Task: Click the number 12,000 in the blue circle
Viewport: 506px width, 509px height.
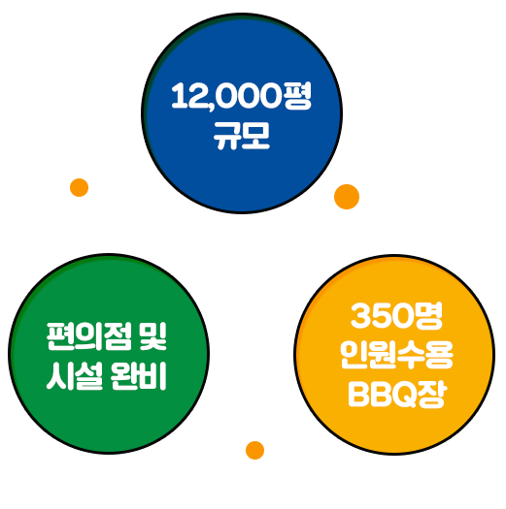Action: [x=226, y=96]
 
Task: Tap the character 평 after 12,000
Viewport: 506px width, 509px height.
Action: [x=297, y=95]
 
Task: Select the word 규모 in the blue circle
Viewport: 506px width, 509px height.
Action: [x=241, y=136]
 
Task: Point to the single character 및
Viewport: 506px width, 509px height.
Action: [x=152, y=336]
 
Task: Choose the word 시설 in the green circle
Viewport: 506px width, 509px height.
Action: [x=75, y=376]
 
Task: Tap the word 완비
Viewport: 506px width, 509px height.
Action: [x=138, y=376]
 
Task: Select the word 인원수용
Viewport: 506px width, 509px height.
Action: [x=396, y=355]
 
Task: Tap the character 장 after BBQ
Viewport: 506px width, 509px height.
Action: [x=431, y=395]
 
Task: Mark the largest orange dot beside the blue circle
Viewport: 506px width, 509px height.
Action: [x=347, y=197]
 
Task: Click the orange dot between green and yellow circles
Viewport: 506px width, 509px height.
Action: [x=255, y=450]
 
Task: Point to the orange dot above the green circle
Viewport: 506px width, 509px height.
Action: [x=79, y=188]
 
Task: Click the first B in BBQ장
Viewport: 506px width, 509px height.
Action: [x=358, y=395]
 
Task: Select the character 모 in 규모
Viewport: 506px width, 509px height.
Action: [x=256, y=136]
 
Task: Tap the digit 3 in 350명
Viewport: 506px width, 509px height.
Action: [x=360, y=316]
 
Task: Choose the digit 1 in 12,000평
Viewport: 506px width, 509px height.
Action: [x=178, y=95]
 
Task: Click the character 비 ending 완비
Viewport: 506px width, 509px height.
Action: [x=153, y=376]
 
